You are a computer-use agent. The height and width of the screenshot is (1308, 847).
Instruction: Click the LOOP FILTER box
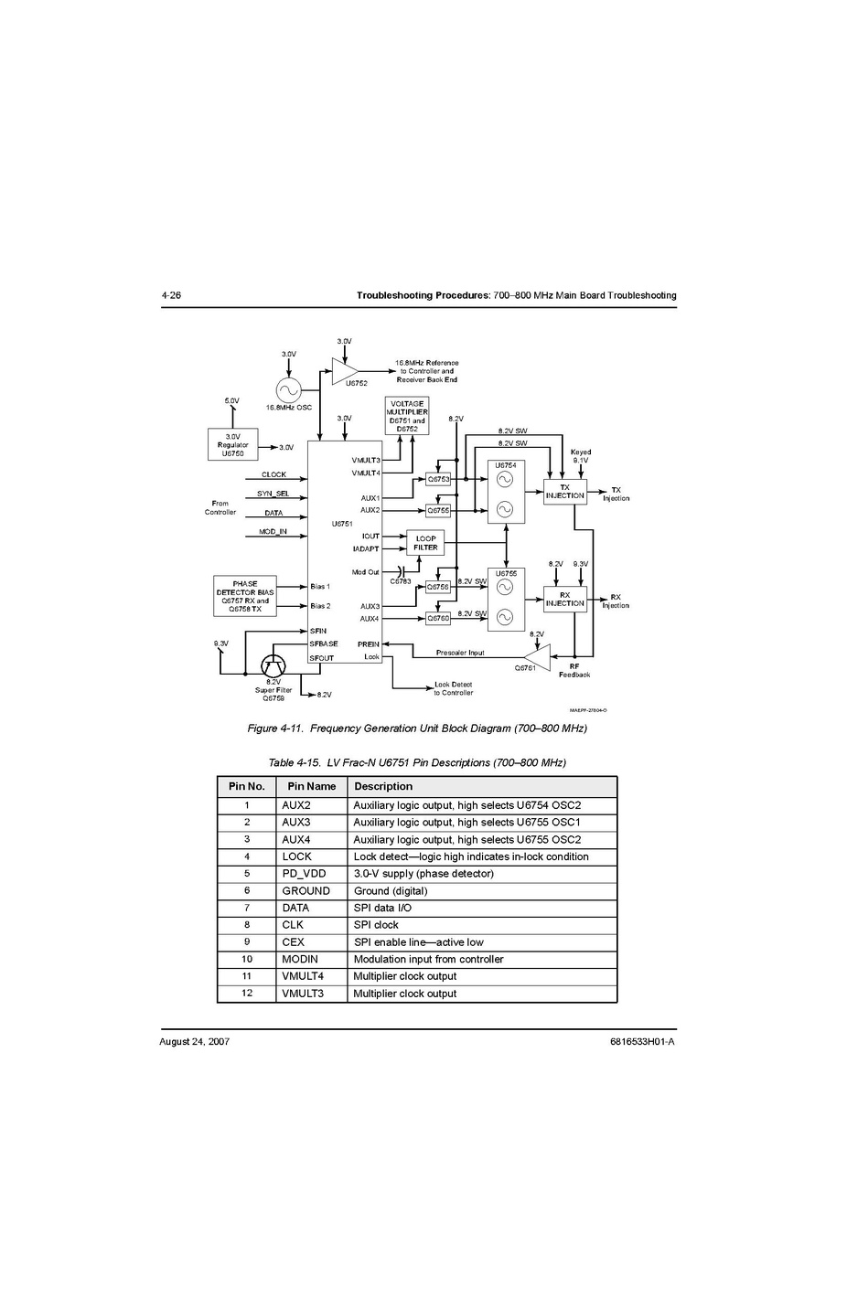[x=425, y=543]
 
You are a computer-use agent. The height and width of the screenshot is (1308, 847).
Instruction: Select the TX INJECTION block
[x=564, y=492]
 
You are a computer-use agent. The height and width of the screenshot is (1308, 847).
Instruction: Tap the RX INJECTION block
[x=564, y=600]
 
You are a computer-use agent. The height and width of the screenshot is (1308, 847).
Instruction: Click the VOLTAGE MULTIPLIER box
[x=407, y=416]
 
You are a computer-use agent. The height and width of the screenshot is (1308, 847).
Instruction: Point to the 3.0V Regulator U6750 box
[x=232, y=445]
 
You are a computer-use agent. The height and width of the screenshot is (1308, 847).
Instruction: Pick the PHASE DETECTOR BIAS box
[x=244, y=596]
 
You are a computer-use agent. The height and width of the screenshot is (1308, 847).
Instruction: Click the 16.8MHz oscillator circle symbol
[x=288, y=390]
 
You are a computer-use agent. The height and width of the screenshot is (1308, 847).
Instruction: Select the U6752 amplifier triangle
[x=344, y=370]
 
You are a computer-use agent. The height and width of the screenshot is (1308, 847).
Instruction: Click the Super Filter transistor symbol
[x=273, y=665]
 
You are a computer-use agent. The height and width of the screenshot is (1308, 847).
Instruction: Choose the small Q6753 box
[x=438, y=479]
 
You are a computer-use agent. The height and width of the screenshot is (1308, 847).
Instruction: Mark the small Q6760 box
[x=438, y=618]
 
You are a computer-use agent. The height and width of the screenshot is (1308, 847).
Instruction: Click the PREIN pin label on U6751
[x=369, y=644]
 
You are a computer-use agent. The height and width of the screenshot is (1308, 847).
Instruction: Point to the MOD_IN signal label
[x=273, y=531]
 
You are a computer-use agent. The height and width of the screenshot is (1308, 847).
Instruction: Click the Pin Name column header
[x=311, y=786]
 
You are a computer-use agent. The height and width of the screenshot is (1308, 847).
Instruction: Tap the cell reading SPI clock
[x=376, y=925]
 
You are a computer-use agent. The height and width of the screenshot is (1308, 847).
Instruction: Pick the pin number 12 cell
[x=246, y=994]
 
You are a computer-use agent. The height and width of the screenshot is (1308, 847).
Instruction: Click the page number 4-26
[x=171, y=296]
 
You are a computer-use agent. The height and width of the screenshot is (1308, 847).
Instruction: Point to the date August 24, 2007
[x=194, y=1042]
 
